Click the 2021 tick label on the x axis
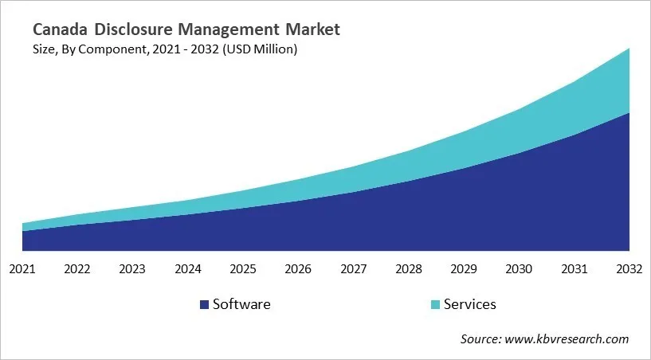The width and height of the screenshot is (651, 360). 22,269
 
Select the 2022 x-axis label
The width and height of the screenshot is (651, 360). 77,269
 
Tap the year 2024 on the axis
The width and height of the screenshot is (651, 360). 188,269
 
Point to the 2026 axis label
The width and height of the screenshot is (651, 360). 298,269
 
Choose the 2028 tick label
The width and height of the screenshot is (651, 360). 409,269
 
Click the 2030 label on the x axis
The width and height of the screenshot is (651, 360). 519,269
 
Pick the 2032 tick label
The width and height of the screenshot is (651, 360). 629,269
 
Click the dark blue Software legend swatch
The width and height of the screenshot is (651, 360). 204,304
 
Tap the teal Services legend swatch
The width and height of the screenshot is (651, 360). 434,304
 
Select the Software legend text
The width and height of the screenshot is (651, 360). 241,304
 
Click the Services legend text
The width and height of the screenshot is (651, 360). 469,304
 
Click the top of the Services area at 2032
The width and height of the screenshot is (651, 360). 629,49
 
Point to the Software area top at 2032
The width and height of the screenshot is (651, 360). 629,113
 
